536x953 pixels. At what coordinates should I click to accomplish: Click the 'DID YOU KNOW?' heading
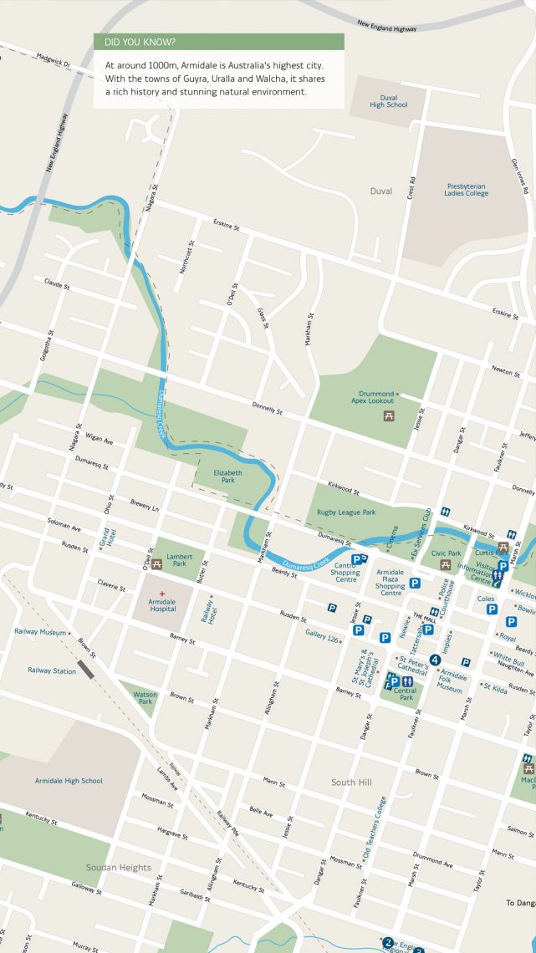click(140, 42)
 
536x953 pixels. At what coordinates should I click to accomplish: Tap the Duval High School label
click(388, 101)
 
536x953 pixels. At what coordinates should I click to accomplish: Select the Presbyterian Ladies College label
click(466, 190)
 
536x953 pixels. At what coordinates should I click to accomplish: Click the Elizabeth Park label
click(227, 476)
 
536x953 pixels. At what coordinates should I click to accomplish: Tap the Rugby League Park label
click(346, 512)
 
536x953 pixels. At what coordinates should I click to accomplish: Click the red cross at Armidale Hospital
click(162, 594)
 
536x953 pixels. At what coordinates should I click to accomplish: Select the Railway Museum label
click(39, 633)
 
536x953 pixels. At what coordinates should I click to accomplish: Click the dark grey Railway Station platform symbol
click(86, 668)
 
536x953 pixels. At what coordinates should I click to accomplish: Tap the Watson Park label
click(145, 696)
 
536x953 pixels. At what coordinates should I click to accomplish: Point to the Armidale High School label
click(69, 781)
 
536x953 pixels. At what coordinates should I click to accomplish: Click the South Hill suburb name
click(350, 782)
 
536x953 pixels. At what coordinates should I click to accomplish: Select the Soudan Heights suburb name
click(119, 868)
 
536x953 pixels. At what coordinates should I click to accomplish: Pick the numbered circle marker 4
click(435, 660)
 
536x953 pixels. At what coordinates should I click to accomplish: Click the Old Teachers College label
click(374, 828)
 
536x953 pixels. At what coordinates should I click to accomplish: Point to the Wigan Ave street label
click(99, 440)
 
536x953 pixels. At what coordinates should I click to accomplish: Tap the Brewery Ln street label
click(144, 506)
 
